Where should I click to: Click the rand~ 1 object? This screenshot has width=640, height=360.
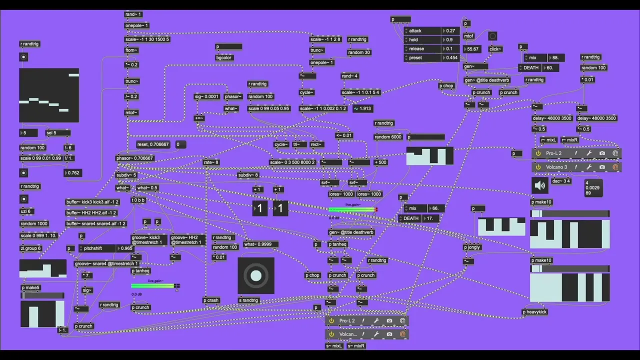click(x=133, y=14)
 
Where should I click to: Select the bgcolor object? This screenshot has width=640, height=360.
click(x=223, y=57)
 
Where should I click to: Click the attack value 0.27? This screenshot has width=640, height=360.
click(x=450, y=31)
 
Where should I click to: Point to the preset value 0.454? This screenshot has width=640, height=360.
click(x=451, y=58)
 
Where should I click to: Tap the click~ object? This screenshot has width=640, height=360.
click(x=495, y=49)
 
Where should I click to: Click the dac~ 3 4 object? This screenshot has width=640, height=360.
click(x=561, y=181)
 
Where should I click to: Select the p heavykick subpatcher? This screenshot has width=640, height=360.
click(x=534, y=312)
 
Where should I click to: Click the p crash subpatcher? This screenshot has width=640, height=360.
click(x=211, y=300)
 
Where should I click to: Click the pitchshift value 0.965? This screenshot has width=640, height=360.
click(x=126, y=248)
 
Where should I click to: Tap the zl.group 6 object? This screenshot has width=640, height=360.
click(x=30, y=248)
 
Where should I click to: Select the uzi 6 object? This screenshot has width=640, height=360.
click(x=25, y=211)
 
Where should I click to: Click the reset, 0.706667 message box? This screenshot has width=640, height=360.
click(x=153, y=144)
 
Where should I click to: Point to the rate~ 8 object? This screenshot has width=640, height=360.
click(x=211, y=162)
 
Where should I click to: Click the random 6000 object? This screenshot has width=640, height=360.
click(x=388, y=137)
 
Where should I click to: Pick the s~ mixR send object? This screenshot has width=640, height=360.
click(x=356, y=346)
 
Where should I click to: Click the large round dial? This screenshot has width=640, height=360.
click(x=256, y=275)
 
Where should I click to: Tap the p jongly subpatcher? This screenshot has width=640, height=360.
click(x=472, y=247)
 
